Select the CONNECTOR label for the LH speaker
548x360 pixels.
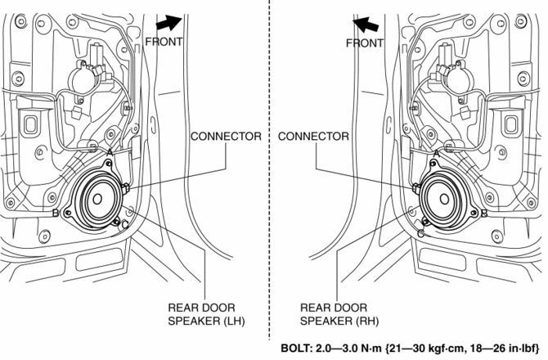227,136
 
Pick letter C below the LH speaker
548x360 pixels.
124,224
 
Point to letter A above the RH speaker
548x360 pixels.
437,152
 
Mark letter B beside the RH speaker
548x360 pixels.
484,214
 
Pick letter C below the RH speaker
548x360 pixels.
420,233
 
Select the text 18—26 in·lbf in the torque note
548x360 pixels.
498,348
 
